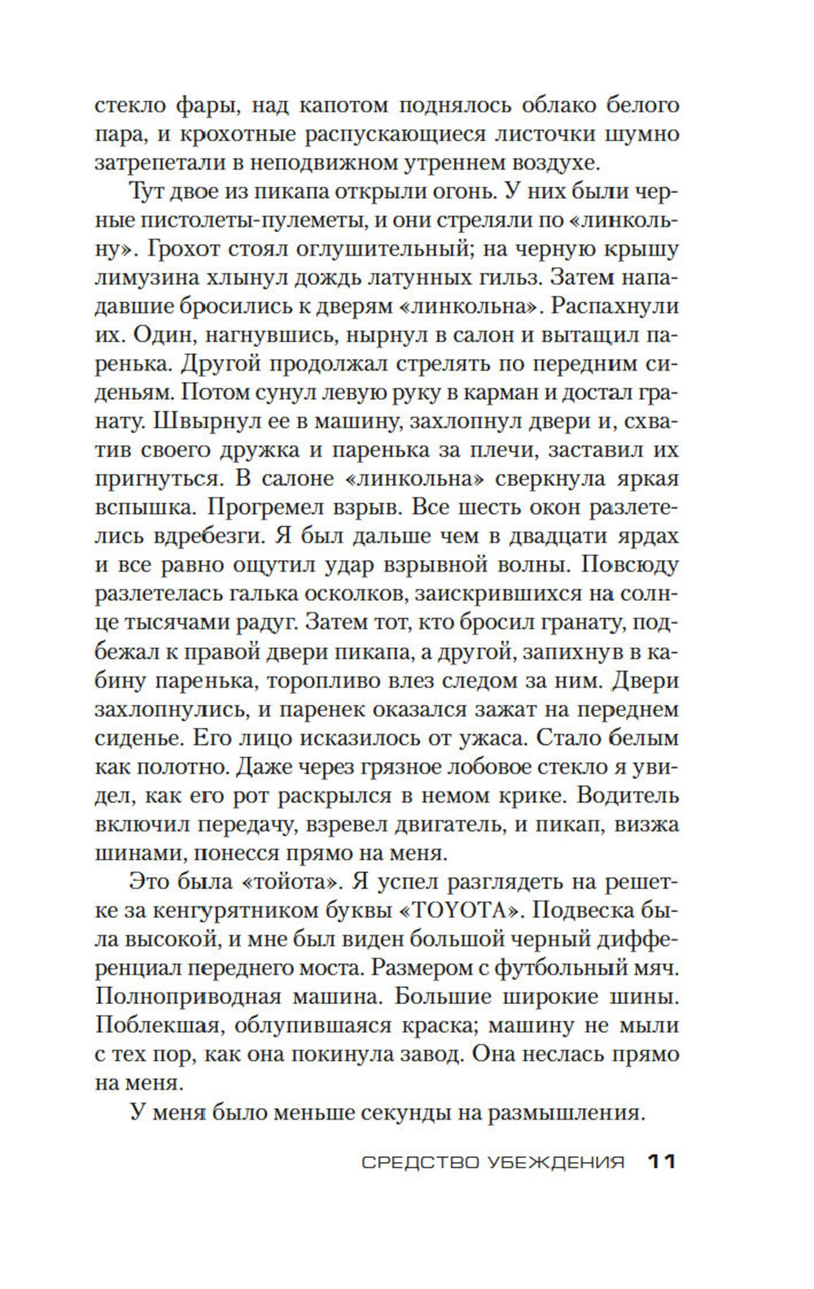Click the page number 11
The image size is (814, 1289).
662,1162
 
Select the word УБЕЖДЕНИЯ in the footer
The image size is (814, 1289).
557,1163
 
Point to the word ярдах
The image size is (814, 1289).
637,537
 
